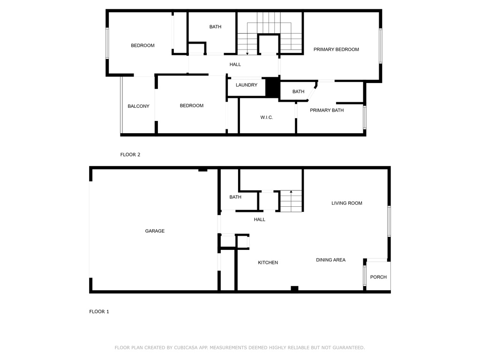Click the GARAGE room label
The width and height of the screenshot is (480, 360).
click(155, 231)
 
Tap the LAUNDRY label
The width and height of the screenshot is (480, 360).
click(247, 85)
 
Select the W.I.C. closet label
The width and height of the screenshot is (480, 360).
click(267, 117)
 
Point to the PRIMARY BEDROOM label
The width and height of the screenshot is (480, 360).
click(336, 49)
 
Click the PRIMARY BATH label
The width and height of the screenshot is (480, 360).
click(327, 110)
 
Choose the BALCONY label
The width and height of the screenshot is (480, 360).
click(138, 106)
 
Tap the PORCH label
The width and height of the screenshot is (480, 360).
click(378, 277)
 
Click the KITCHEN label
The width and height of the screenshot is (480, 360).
click(268, 262)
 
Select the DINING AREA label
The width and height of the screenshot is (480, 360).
click(330, 260)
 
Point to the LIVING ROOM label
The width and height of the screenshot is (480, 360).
click(347, 203)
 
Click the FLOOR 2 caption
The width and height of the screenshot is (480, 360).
click(130, 155)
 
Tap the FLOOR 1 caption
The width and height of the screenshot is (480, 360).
click(99, 312)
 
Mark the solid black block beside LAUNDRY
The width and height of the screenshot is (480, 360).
click(272, 87)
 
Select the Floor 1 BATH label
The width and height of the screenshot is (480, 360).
click(235, 197)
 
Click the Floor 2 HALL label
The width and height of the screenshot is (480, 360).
click(235, 64)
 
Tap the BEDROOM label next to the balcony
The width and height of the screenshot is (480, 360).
click(192, 105)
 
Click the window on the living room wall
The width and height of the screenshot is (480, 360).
click(389, 221)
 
